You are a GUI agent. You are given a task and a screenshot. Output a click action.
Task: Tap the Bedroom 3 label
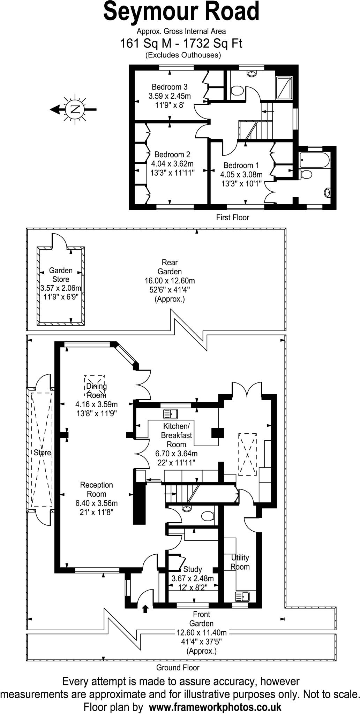[170, 87]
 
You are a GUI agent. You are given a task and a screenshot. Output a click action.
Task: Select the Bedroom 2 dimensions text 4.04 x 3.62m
[172, 164]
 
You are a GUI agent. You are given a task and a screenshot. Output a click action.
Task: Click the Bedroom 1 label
[241, 165]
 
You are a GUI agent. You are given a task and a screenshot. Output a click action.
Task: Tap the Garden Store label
[61, 275]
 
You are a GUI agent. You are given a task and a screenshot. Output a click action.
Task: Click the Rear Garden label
[170, 267]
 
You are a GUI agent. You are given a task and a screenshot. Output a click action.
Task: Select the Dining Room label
[96, 390]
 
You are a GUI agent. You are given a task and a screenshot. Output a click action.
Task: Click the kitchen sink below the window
[171, 414]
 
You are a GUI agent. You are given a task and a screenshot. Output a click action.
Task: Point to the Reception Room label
[97, 489]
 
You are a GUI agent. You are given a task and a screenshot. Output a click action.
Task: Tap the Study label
[193, 569]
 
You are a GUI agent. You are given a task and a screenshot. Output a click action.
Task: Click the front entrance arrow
[145, 609]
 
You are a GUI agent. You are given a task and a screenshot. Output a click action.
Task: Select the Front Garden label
[201, 619]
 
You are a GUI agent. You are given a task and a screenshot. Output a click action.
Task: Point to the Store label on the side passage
[42, 453]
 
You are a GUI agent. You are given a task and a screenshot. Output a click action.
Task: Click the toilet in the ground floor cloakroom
[208, 516]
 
